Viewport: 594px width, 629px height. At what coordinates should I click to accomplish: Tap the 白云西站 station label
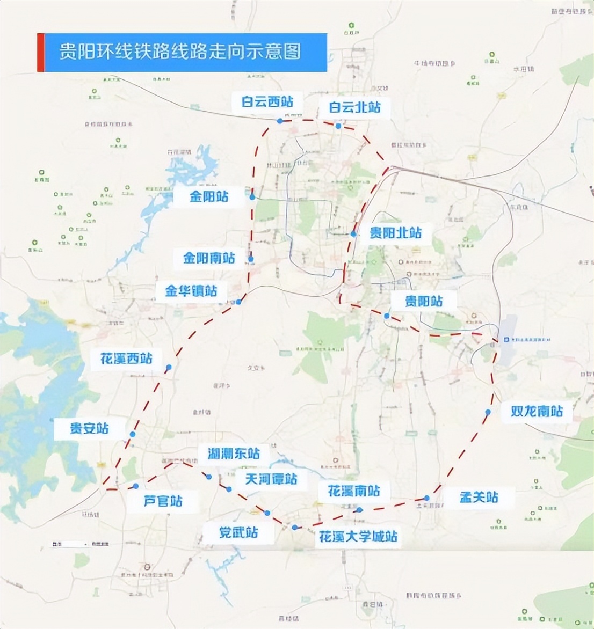pos(267,101)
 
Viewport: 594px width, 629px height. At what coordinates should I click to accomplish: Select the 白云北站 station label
pos(354,107)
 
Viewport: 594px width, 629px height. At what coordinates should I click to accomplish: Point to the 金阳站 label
pos(209,196)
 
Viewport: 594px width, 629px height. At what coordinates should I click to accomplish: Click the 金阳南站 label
pos(209,259)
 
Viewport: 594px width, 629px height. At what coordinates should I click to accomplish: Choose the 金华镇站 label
pos(191,291)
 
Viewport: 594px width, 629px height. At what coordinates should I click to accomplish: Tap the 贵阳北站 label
pos(395,233)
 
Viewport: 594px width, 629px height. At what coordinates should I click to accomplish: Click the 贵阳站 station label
pos(424,301)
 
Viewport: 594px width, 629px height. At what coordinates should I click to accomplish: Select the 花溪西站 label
pos(126,358)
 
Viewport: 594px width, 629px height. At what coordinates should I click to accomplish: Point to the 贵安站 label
pos(89,428)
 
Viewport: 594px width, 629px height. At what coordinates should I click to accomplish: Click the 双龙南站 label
pos(537,411)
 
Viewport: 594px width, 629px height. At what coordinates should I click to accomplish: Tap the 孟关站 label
pos(479,497)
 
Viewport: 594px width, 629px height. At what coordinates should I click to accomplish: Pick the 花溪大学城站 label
pos(358,536)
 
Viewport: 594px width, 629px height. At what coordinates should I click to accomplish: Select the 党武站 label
pos(238,532)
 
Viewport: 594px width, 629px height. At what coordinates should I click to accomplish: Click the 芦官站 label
pos(163,501)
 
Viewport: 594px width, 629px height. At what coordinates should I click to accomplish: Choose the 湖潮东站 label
pos(233,454)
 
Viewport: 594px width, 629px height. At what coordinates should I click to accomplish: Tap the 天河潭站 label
pos(271,479)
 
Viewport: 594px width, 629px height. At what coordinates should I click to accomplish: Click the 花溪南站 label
pos(353,491)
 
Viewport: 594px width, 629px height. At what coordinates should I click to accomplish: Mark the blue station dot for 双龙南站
pos(488,412)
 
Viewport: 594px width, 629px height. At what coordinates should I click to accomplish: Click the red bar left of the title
pos(40,53)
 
